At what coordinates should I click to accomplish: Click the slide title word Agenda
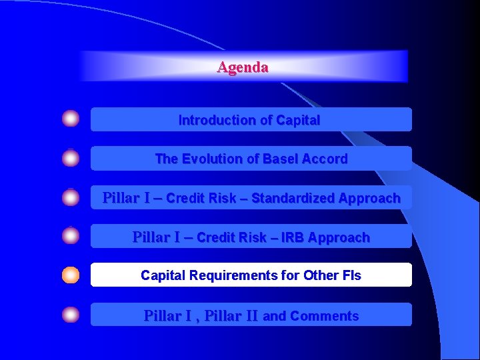(x=243, y=67)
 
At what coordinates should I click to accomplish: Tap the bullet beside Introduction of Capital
(x=71, y=119)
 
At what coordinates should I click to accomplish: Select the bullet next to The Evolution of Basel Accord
(x=71, y=159)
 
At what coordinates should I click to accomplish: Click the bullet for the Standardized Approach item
(x=71, y=197)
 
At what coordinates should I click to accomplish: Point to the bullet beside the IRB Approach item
(x=71, y=236)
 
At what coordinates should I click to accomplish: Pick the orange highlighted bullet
(x=71, y=275)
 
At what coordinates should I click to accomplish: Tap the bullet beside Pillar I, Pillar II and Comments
(x=71, y=315)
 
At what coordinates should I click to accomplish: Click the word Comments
(x=324, y=316)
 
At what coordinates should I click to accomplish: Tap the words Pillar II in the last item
(x=231, y=316)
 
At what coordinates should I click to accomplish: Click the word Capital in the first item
(x=297, y=121)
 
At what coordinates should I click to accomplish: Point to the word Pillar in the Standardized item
(x=120, y=198)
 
